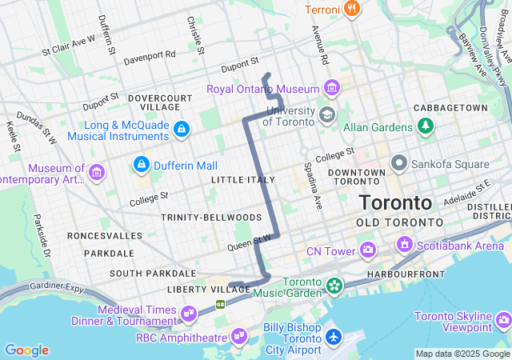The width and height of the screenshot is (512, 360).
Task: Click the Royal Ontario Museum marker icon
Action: pos(332,88)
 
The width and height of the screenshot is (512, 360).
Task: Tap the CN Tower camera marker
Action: pos(367,251)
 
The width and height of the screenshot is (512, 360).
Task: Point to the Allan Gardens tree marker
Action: pos(426,126)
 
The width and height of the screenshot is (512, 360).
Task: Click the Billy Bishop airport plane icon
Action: pos(334,337)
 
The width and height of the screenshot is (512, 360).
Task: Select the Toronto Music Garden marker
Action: pos(333,284)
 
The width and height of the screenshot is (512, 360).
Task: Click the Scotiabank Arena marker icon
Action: pos(404,244)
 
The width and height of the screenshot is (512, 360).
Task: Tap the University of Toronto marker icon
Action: pos(326,115)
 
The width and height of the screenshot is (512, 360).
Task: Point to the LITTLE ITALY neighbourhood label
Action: pos(243,180)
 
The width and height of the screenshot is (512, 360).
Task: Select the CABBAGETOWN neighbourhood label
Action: pos(450,108)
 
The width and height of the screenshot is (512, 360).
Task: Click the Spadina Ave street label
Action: pos(318,183)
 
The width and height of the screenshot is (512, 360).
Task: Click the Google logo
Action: pos(26,350)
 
